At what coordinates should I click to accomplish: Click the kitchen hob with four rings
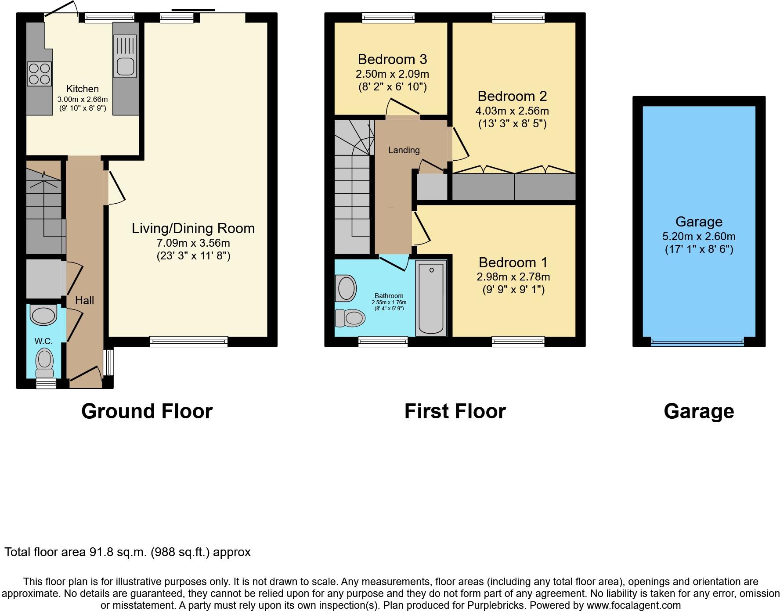click(40, 74)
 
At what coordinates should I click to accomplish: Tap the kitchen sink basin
click(125, 66)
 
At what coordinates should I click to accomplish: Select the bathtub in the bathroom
click(431, 298)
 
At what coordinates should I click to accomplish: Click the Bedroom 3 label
click(392, 59)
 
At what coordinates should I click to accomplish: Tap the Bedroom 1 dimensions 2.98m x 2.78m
click(513, 277)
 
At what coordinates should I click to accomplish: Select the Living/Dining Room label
click(193, 228)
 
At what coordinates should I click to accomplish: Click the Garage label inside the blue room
click(699, 222)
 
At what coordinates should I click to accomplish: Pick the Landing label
click(404, 150)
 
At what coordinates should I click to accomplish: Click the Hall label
click(84, 301)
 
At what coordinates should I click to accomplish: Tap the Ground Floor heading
click(147, 411)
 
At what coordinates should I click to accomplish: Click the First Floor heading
click(455, 411)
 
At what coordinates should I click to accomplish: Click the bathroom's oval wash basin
click(346, 288)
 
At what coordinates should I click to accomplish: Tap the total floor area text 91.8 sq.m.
click(127, 552)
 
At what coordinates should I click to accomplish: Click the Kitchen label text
click(82, 89)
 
